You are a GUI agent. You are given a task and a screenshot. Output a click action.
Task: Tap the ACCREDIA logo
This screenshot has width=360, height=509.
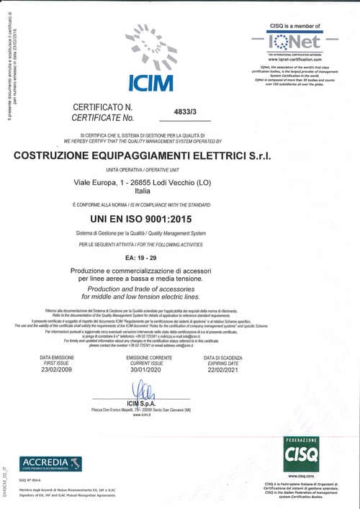tap(51, 464)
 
